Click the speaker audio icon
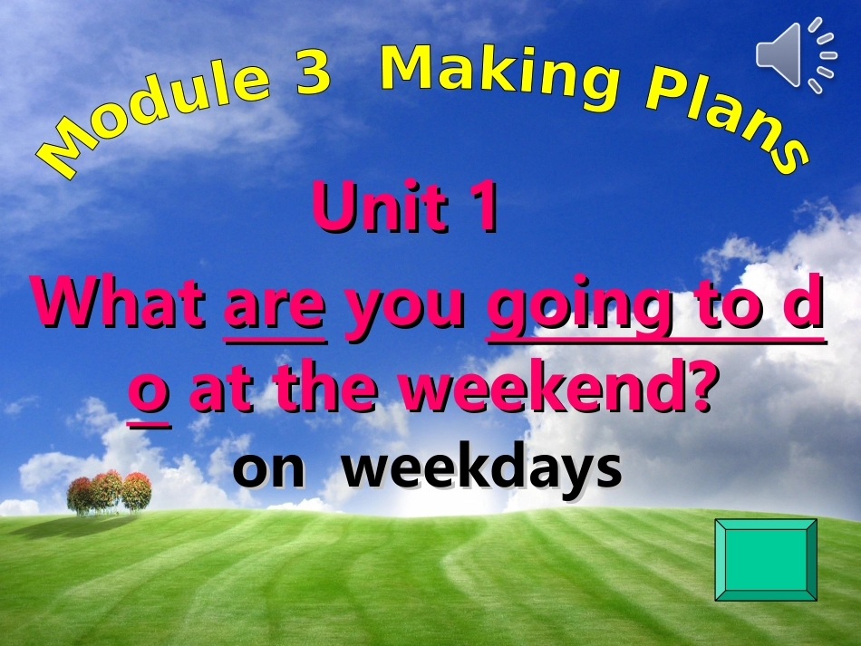coord(796,55)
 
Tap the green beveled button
coord(766,560)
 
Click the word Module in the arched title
coord(154,118)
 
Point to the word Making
coord(499,74)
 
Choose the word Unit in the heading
coord(380,207)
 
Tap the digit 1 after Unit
coord(484,207)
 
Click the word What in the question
coord(118,303)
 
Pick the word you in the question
coord(405,313)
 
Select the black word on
coord(268,470)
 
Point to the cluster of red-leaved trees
coord(109,492)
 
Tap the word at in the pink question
coord(222,389)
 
